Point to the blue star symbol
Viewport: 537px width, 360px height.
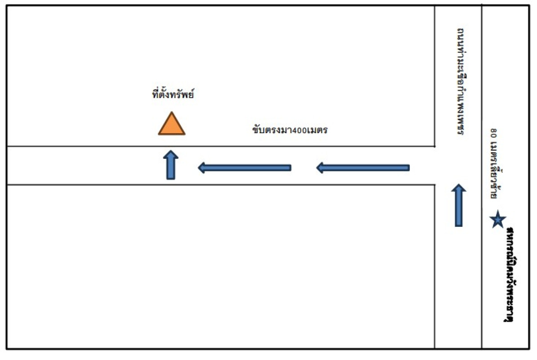[x=498, y=220]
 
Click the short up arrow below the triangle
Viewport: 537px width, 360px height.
[x=171, y=165]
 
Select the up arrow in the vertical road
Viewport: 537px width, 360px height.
[x=459, y=205]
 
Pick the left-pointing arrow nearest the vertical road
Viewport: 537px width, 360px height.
[x=363, y=168]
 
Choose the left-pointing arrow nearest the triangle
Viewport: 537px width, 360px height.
[x=245, y=168]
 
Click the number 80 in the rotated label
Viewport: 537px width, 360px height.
[x=494, y=133]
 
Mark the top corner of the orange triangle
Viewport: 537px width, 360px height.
[x=171, y=112]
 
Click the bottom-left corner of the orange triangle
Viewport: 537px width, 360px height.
[x=159, y=134]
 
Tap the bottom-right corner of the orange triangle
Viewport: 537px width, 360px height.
[x=184, y=134]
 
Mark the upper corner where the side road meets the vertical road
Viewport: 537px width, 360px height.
[x=434, y=146]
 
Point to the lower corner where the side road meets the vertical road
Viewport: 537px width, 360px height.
[x=434, y=184]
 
